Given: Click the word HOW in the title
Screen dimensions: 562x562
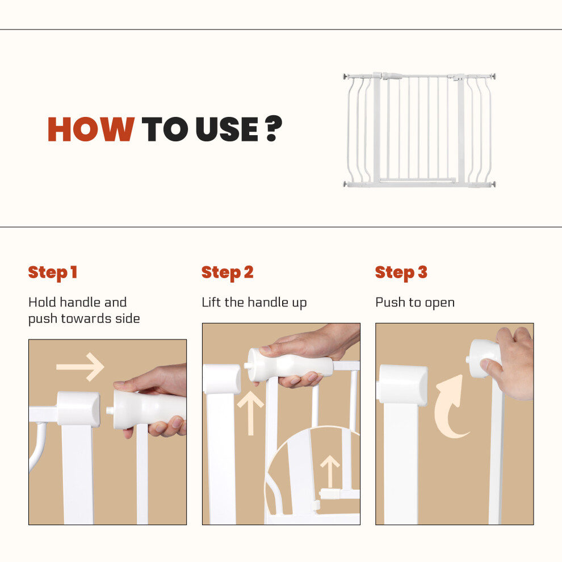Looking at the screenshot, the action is (x=91, y=129).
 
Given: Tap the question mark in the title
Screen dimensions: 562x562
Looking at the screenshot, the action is (x=274, y=128).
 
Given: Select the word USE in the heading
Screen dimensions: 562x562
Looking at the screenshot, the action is (x=227, y=129).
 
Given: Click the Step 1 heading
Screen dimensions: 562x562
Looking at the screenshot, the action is (x=53, y=272).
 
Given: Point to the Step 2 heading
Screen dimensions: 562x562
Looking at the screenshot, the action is (x=227, y=272).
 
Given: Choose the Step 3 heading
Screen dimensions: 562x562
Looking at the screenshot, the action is (x=401, y=272).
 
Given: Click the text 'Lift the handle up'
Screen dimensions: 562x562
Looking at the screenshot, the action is (x=254, y=303).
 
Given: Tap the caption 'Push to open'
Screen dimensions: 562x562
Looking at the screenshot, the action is (x=415, y=303).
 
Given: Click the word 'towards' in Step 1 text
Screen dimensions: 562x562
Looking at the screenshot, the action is (x=86, y=318).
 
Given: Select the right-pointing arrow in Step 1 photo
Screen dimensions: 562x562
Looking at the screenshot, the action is (x=80, y=367).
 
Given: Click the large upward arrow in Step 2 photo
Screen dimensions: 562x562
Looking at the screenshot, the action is (x=250, y=413).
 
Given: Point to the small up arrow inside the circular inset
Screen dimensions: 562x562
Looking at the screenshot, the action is (x=330, y=471).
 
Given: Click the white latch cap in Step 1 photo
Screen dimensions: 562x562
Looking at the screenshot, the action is (x=78, y=409).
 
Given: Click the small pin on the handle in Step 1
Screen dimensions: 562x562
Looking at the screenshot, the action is (x=110, y=410).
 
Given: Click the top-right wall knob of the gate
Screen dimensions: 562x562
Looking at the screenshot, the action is (x=493, y=76).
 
